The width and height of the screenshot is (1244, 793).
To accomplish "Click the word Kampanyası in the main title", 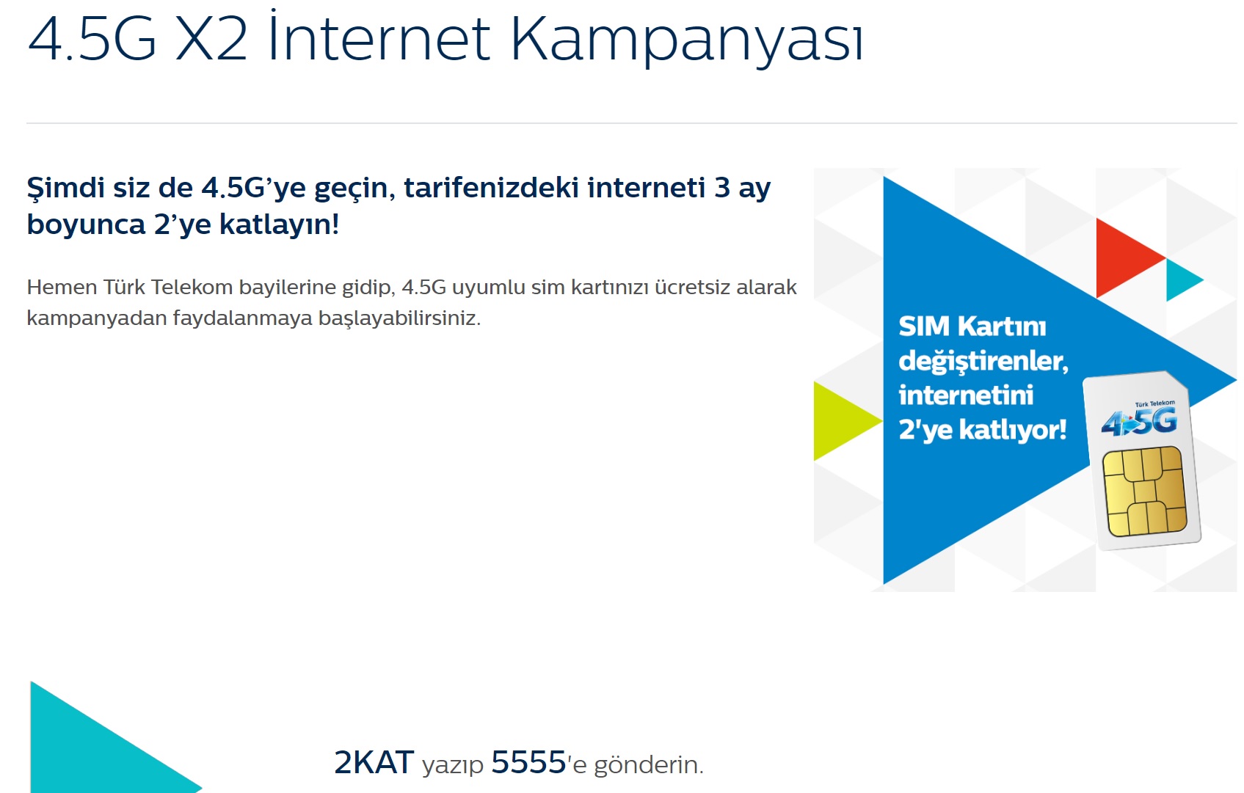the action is click(687, 40).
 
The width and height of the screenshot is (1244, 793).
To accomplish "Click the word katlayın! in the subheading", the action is click(280, 224).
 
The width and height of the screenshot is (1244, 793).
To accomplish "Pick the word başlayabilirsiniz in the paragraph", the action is click(399, 318).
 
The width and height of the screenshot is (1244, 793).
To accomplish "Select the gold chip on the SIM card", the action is click(1144, 491).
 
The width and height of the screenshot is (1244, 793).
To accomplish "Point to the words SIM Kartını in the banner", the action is click(972, 326).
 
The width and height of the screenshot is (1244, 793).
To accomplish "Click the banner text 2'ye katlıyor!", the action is click(983, 430).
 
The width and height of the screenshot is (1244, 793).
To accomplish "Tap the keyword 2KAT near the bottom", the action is click(374, 762).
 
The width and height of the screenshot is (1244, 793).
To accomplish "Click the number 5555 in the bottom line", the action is click(528, 762).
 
